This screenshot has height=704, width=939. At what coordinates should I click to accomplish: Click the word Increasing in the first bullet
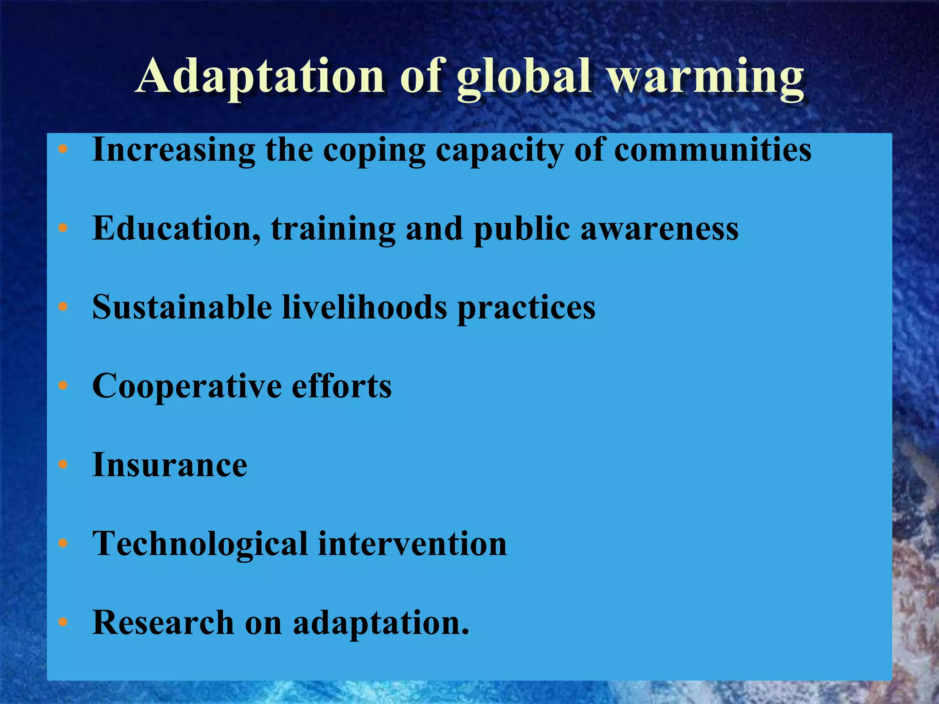(173, 150)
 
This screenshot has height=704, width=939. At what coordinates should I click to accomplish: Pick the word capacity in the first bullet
(499, 151)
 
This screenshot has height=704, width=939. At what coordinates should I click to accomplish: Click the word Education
(177, 228)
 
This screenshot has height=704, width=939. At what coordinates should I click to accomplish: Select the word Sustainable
(182, 307)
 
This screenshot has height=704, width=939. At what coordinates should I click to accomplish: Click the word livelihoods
(365, 307)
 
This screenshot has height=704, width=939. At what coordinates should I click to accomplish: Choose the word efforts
(342, 386)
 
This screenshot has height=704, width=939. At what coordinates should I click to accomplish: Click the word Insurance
(170, 465)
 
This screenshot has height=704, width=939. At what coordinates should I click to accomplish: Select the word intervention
(412, 544)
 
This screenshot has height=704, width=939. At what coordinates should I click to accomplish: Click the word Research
(163, 623)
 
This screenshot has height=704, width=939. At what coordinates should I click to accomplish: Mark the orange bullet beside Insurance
(63, 465)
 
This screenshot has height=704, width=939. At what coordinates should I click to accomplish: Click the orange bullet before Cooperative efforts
(63, 385)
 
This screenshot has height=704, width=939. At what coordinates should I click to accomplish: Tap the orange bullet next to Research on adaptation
(63, 622)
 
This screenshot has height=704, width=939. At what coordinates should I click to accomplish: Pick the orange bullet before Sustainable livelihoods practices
(63, 307)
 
